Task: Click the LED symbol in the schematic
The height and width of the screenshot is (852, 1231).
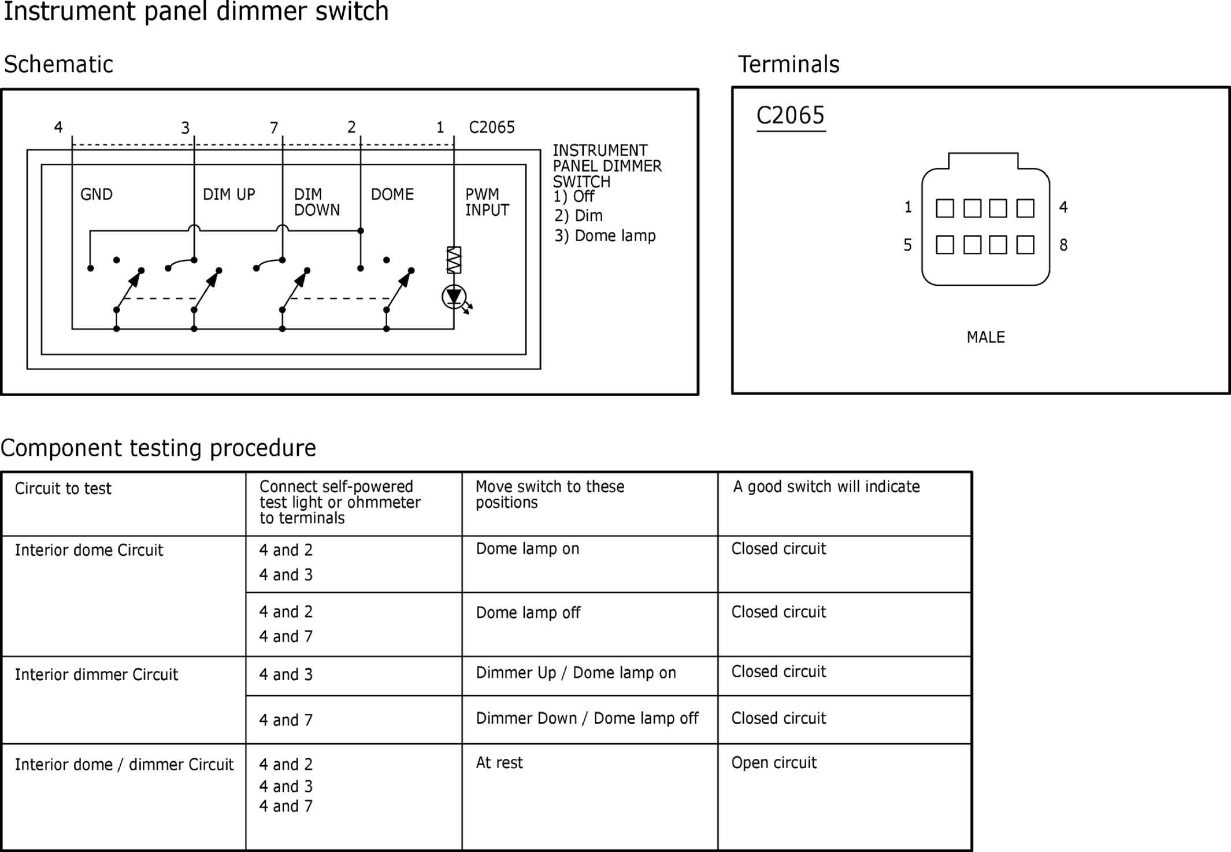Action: click(454, 297)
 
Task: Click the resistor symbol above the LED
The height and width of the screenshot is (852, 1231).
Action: click(454, 260)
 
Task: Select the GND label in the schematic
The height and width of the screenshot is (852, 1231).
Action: click(97, 194)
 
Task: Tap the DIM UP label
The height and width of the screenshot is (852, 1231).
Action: click(229, 194)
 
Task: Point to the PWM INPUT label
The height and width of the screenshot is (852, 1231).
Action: click(487, 202)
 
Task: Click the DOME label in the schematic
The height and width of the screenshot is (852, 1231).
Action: click(392, 194)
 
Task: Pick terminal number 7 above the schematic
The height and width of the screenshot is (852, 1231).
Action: click(274, 128)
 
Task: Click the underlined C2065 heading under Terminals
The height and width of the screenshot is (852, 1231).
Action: click(791, 116)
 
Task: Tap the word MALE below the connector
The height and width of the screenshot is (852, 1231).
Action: click(986, 337)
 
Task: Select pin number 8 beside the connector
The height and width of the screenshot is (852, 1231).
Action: click(1063, 245)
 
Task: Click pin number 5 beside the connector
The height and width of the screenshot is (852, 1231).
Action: click(908, 245)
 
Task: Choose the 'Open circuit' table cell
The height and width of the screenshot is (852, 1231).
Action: click(774, 763)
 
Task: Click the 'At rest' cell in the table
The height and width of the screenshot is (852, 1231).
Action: click(499, 763)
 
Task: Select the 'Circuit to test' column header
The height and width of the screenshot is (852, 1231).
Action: click(63, 489)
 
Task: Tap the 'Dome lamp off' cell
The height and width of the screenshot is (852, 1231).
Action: click(528, 613)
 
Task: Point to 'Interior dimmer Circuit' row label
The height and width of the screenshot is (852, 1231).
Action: click(97, 674)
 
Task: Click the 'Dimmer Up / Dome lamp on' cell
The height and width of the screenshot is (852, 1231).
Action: click(576, 673)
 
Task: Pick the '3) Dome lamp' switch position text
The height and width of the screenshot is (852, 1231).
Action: click(605, 236)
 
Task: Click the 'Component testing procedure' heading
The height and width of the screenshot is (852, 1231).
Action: click(158, 448)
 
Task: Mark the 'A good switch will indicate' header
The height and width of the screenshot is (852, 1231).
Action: click(826, 487)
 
